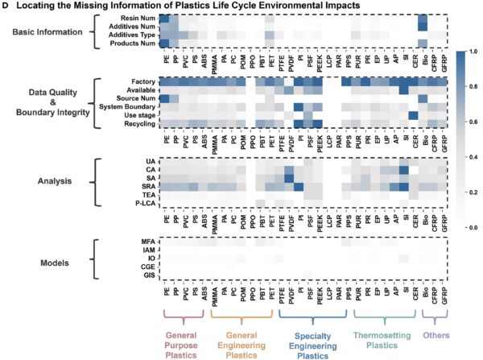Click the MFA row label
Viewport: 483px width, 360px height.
coord(147,241)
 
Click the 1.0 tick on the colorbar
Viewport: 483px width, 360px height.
coord(473,51)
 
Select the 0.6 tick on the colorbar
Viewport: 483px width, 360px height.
coord(473,122)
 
